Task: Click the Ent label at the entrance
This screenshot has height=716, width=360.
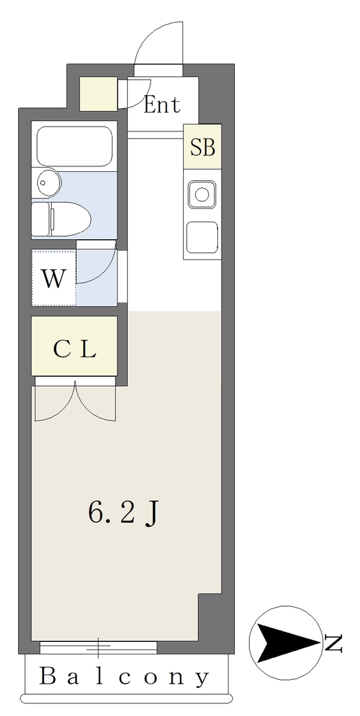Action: (x=162, y=105)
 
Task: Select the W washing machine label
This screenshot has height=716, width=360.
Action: (x=53, y=278)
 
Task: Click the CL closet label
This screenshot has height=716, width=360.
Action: (x=74, y=350)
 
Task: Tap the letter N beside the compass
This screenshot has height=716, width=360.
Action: (x=333, y=643)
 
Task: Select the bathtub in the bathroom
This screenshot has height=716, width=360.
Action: (x=74, y=146)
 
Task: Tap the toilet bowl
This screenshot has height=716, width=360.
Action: (x=71, y=219)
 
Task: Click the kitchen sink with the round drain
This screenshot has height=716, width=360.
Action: (x=202, y=194)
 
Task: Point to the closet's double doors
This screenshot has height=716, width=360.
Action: (x=75, y=402)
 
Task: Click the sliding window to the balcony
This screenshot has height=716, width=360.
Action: (x=98, y=647)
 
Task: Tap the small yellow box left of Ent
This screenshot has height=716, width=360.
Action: (x=99, y=94)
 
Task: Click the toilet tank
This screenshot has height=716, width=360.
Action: (x=41, y=219)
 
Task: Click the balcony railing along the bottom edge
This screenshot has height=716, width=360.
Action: (x=127, y=699)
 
